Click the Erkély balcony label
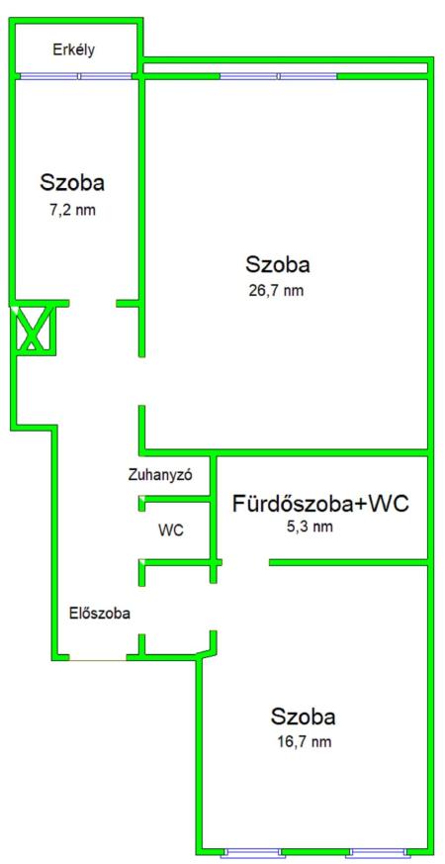pos(74,50)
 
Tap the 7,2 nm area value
pos(72,210)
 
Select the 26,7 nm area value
pos(277,290)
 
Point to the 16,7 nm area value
pos(304,741)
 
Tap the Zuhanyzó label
pos(160,475)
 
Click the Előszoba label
pos(100,613)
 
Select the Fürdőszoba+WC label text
pos(321,504)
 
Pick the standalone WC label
pos(171,531)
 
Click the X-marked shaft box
pos(35,329)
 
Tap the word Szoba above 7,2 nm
pos(72,182)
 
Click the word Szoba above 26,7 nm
pos(278,264)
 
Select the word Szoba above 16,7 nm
pos(304,717)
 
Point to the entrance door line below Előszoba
pos(98,658)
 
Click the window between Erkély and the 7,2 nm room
pos(76,76)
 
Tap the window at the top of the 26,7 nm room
pos(279,76)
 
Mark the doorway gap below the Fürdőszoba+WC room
pos(245,562)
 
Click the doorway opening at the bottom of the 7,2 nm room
pos(93,303)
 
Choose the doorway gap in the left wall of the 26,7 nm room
pos(141,381)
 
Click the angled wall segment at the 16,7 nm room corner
pos(206,652)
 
